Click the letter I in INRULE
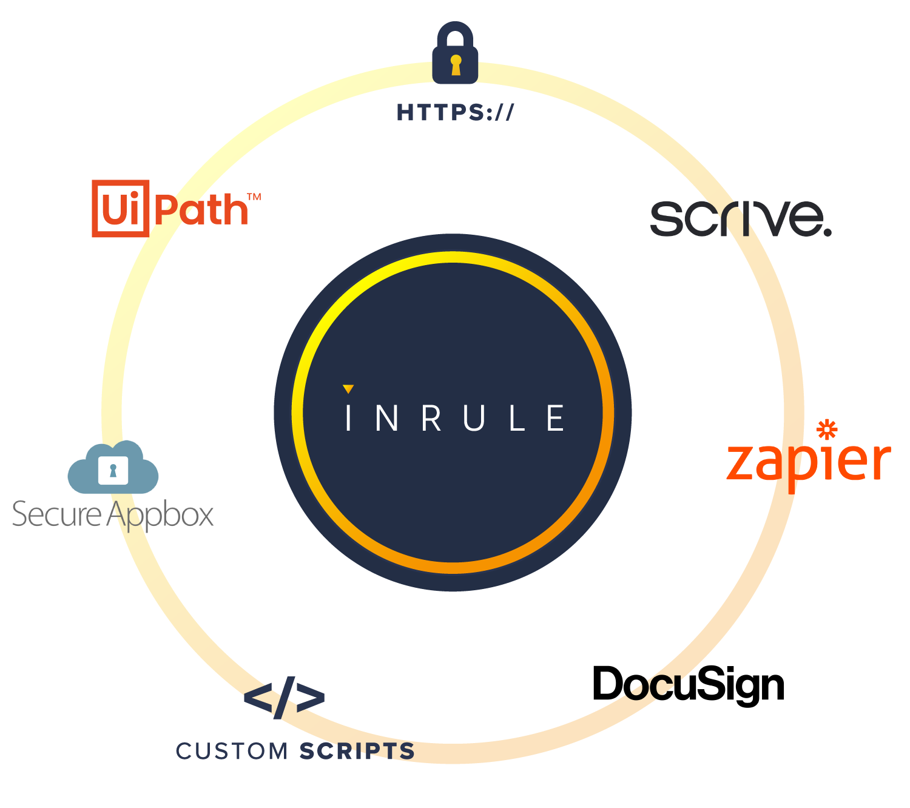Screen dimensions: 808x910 coord(348,417)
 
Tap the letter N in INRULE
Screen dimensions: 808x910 coord(387,417)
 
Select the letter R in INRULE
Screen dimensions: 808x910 coord(431,417)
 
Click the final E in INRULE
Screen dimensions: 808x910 coord(556,417)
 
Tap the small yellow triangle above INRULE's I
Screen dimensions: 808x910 coord(348,389)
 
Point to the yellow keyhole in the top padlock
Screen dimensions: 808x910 coord(456,64)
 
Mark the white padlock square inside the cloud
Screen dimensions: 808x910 coord(113,470)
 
